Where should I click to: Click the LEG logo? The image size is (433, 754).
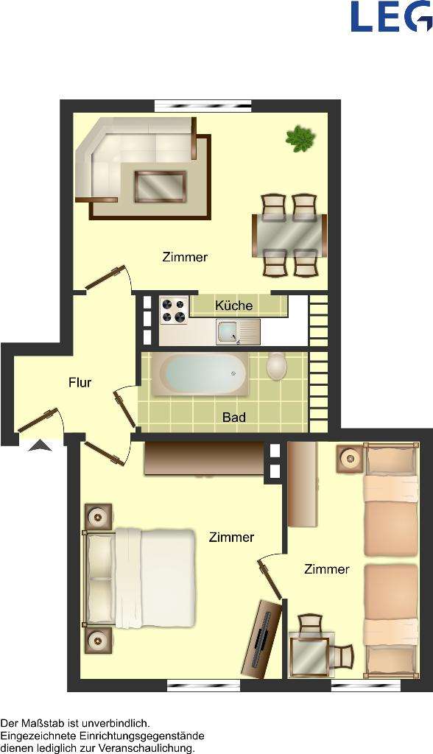coord(391,16)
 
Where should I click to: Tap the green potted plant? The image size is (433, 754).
coord(300,138)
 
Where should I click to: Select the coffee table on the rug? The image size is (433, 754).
coord(159,186)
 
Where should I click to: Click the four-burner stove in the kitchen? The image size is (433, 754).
coord(173,309)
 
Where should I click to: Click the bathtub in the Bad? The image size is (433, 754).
coord(205,374)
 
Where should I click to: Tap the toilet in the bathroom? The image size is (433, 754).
coord(277,366)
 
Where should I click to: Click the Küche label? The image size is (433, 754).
coord(233,306)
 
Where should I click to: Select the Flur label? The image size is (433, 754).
coord(80,382)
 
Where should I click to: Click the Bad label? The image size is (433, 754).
coord(234,417)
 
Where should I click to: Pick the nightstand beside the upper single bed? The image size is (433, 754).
coord(351,459)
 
